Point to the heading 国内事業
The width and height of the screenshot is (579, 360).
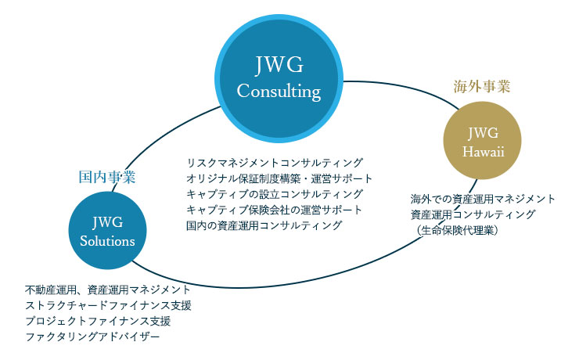click(108, 177)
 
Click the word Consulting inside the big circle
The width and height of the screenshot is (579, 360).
click(279, 92)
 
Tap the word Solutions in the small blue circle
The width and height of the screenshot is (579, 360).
click(107, 241)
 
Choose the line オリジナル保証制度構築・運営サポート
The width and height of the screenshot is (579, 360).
click(279, 178)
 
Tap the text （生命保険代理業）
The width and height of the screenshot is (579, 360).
click(458, 230)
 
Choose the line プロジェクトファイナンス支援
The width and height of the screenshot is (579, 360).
click(98, 321)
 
